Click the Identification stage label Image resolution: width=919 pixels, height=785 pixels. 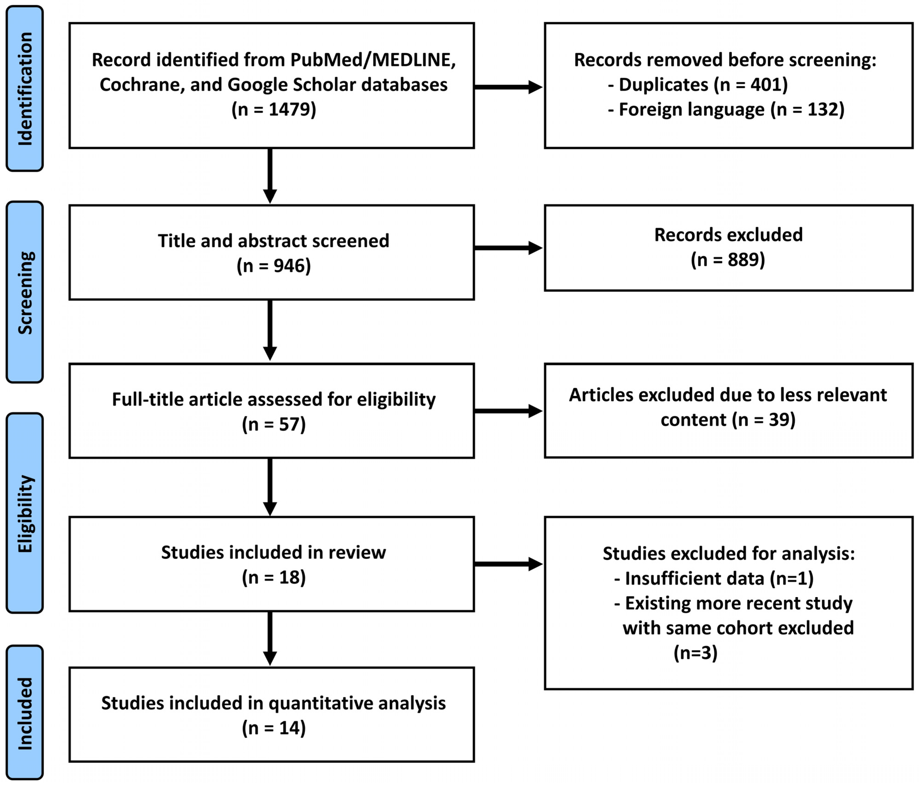(x=25, y=89)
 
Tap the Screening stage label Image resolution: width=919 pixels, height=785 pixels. (x=25, y=292)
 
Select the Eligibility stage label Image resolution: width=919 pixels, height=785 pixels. (x=25, y=514)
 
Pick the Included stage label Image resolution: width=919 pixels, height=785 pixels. (x=25, y=713)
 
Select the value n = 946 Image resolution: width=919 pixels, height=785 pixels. (x=274, y=266)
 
